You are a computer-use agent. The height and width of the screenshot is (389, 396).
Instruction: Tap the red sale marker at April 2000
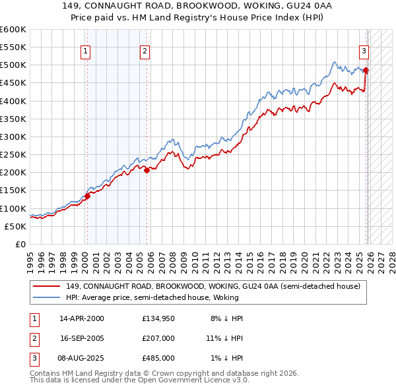[87, 195]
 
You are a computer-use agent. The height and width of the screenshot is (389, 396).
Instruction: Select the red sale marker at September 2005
[147, 169]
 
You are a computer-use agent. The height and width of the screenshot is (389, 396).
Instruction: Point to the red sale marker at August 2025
[366, 71]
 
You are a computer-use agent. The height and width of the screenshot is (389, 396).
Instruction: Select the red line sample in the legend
[48, 286]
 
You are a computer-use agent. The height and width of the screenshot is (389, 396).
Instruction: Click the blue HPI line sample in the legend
[48, 297]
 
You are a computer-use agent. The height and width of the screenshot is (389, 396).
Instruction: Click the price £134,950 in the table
[158, 318]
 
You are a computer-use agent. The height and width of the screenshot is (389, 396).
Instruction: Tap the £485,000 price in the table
[158, 357]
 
